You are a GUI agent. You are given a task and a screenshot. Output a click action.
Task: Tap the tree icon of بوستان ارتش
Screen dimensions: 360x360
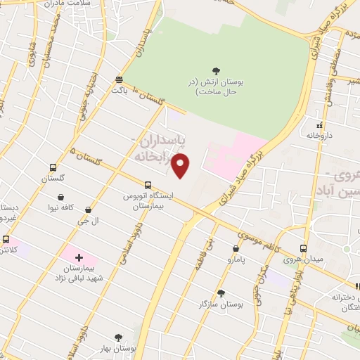click(x=216, y=70)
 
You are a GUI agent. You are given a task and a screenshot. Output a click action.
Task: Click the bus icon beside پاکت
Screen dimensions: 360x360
click(x=119, y=79)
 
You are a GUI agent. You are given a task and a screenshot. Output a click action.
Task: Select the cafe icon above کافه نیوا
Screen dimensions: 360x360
click(x=62, y=197)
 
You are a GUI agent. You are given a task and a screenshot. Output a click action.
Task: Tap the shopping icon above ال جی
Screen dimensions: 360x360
click(x=88, y=210)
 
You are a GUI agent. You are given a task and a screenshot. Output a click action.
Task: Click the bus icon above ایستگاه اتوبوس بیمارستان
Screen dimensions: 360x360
click(x=147, y=184)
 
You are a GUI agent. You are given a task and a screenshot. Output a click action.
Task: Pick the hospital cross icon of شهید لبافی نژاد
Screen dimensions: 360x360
click(x=78, y=259)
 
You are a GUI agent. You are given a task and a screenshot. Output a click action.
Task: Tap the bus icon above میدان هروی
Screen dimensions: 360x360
click(x=303, y=248)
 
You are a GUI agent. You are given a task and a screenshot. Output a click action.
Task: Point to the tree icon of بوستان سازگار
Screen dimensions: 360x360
click(x=221, y=292)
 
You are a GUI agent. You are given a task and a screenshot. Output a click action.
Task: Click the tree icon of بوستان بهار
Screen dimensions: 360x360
click(x=118, y=338)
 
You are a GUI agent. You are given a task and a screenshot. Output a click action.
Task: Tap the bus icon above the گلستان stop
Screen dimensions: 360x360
click(x=53, y=167)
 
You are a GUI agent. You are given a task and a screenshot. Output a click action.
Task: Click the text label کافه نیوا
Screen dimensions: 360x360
click(x=62, y=209)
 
